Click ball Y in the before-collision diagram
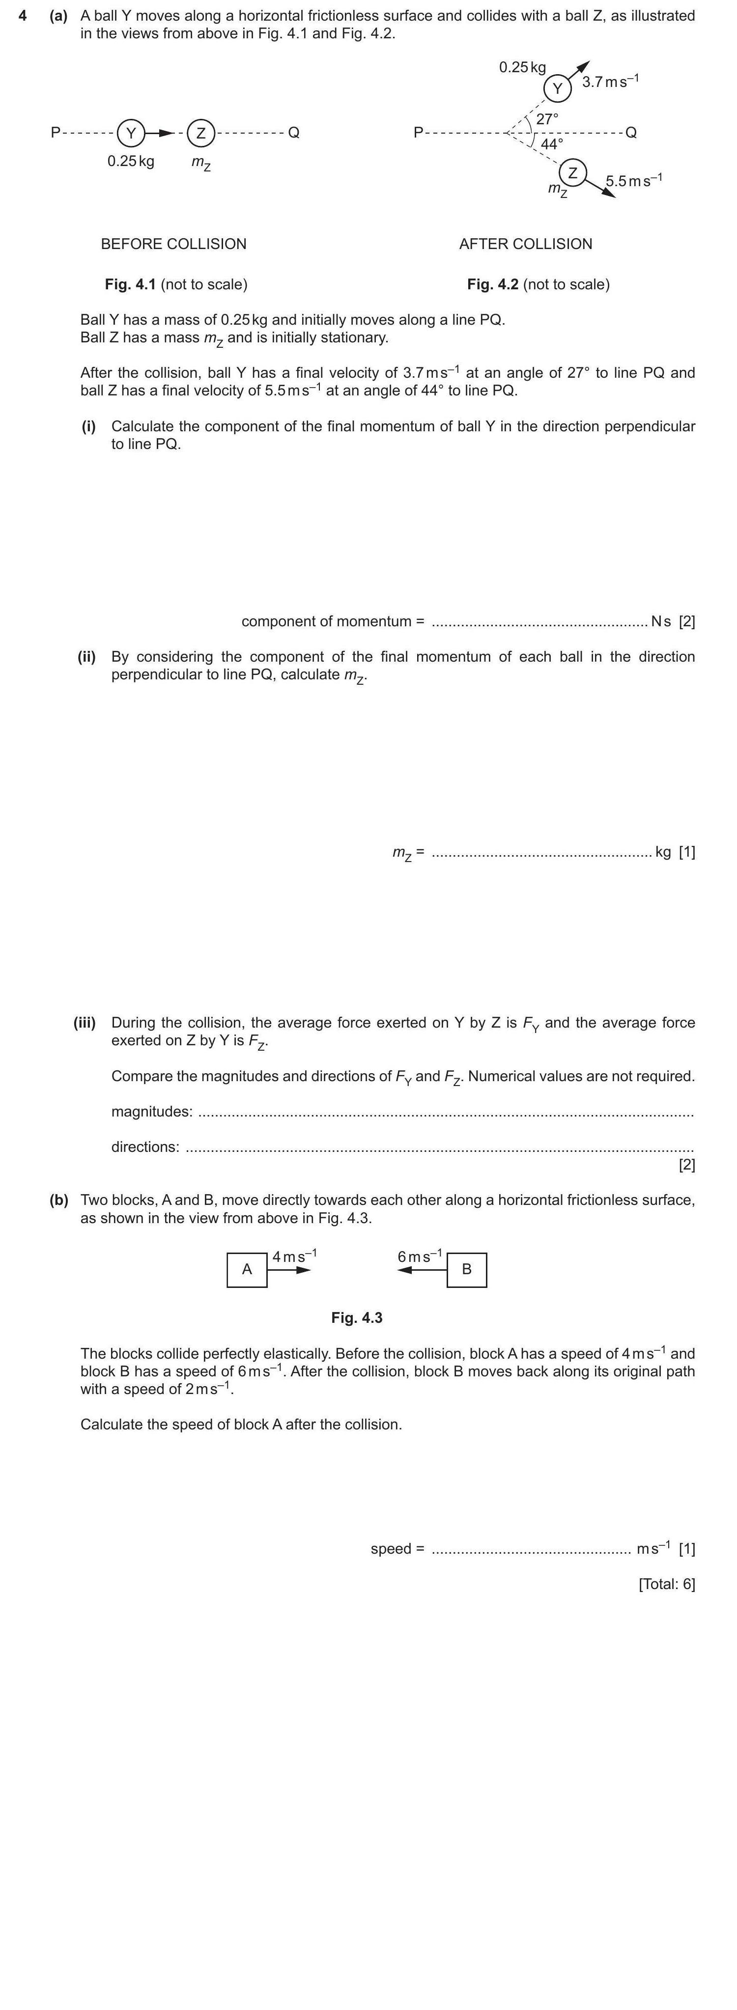(131, 134)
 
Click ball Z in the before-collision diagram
(200, 134)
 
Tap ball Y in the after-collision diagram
(558, 88)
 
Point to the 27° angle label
(547, 118)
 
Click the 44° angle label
(552, 144)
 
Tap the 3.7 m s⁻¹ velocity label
(611, 81)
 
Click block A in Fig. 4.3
(247, 1270)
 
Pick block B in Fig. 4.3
(467, 1270)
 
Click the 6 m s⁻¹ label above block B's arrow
(420, 1256)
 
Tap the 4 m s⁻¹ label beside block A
(294, 1256)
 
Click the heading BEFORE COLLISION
(173, 244)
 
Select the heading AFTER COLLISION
(525, 244)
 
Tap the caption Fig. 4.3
(357, 1318)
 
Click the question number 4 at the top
(23, 16)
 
